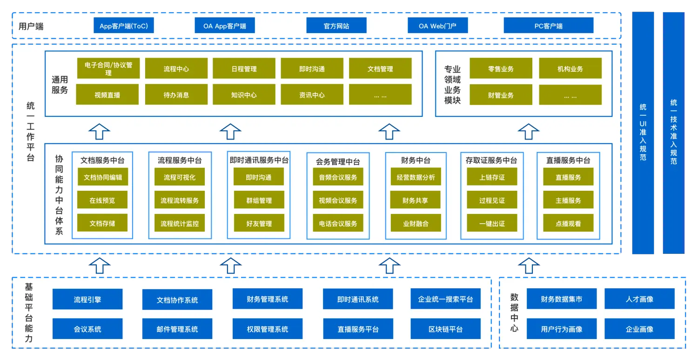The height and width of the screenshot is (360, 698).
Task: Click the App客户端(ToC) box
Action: tap(123, 26)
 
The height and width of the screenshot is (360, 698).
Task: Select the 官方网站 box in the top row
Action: tap(336, 26)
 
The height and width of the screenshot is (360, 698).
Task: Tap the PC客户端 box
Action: tap(548, 26)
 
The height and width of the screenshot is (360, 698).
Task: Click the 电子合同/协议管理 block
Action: tap(108, 68)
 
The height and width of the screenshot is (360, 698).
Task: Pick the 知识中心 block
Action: tap(244, 94)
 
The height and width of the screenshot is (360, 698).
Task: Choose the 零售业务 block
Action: tap(501, 68)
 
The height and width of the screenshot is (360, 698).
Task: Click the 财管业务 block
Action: tap(501, 95)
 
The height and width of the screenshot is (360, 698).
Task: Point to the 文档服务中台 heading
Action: tap(102, 160)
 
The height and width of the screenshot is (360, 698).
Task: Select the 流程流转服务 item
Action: tap(180, 200)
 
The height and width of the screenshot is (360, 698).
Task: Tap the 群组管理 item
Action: tap(259, 200)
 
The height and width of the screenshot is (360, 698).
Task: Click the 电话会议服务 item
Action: tap(338, 224)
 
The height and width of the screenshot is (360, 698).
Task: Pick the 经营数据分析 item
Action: tap(416, 177)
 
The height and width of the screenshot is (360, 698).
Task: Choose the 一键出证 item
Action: tap(492, 224)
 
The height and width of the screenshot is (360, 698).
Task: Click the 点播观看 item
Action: tap(568, 224)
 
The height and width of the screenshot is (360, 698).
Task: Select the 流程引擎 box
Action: tap(87, 300)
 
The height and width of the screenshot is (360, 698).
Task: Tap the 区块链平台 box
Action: tap(445, 329)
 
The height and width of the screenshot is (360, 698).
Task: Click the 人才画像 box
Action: tap(639, 299)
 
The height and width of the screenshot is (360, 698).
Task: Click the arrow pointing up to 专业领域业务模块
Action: tap(529, 132)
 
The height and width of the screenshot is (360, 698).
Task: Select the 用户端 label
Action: tap(31, 26)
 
